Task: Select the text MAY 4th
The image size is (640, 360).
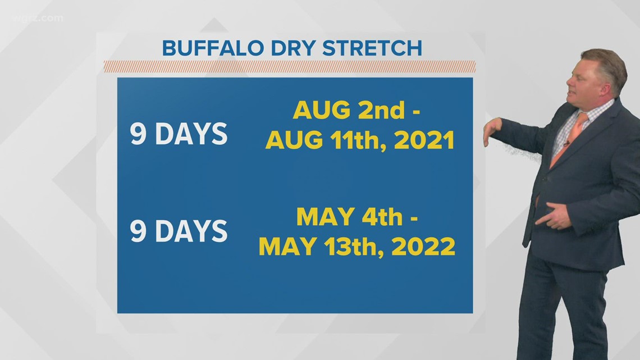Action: tap(349, 216)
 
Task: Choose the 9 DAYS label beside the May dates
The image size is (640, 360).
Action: tap(179, 231)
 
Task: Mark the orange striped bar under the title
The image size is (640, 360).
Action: tap(289, 67)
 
